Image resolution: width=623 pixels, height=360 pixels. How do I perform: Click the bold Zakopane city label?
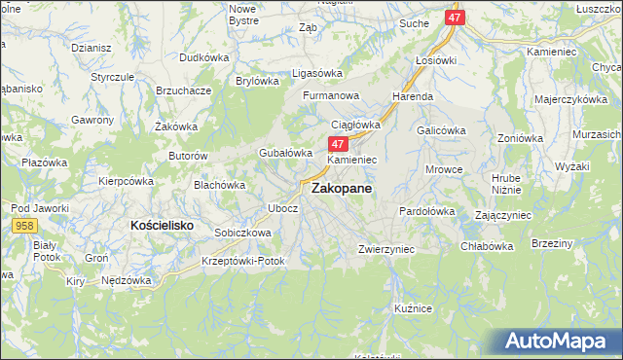coord(341,191)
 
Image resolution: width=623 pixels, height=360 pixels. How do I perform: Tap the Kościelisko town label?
coord(163,225)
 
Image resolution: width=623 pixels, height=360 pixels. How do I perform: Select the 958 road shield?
coord(26,226)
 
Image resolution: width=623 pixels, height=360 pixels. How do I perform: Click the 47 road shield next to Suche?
coord(455,18)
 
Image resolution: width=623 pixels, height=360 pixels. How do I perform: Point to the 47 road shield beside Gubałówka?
coord(328,144)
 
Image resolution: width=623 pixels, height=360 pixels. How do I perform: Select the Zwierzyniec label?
coord(386,249)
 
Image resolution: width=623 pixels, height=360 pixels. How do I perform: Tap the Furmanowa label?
coord(331,96)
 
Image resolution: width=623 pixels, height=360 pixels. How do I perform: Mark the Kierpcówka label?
coord(127,181)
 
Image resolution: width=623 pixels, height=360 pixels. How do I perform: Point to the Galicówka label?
coord(439,129)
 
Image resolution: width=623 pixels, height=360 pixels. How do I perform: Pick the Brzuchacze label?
coord(184,90)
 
